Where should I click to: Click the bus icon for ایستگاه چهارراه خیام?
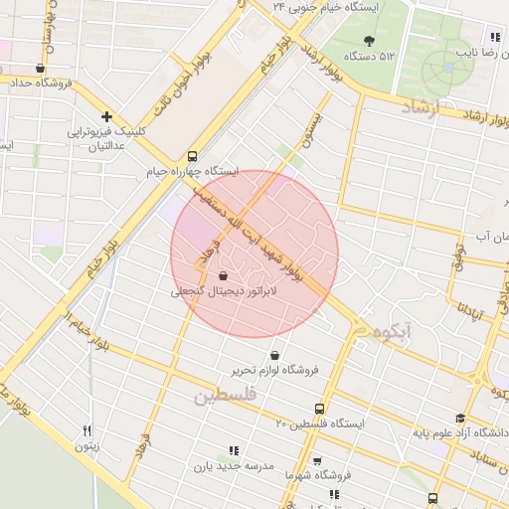pos(192,156)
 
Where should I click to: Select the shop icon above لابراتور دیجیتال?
pos(223,268)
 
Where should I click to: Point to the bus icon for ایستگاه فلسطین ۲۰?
pos(319,409)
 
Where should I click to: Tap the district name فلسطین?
pos(224,396)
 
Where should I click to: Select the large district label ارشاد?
pos(425,106)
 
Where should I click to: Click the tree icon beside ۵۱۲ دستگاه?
pos(369,41)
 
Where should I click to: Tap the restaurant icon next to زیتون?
pos(87,430)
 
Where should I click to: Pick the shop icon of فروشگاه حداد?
pos(40,69)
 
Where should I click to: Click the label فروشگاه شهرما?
pos(346,475)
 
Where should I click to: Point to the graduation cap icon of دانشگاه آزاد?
pos(459,419)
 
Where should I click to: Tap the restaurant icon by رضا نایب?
pos(496,37)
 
